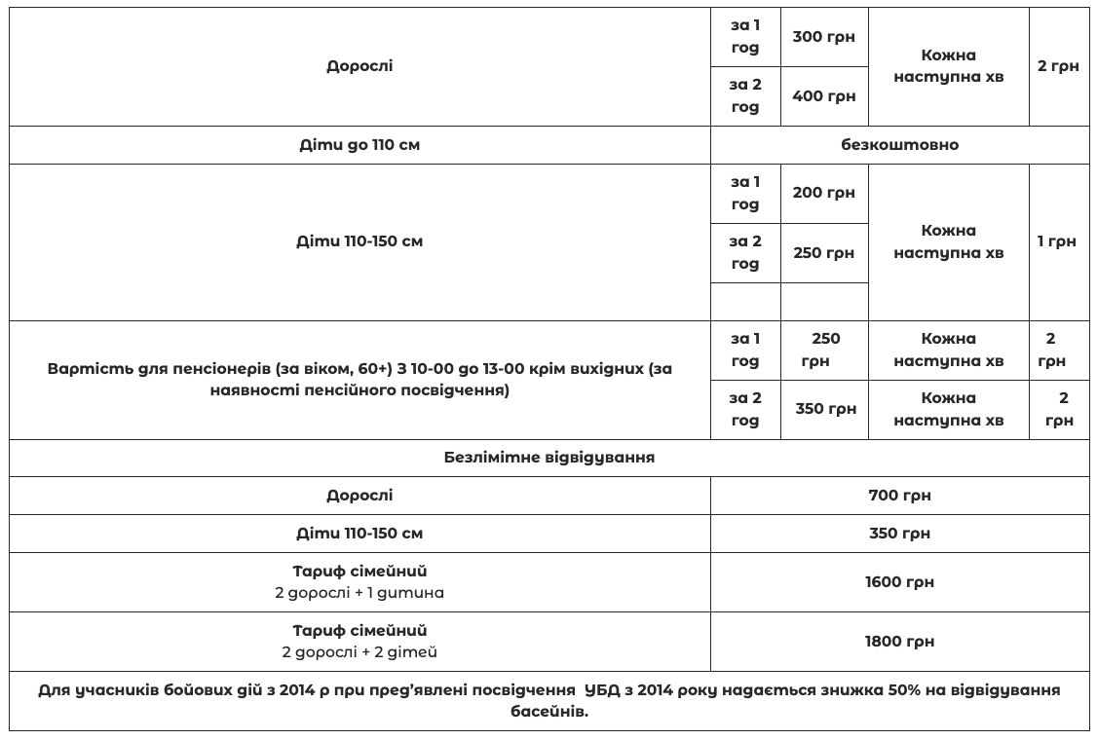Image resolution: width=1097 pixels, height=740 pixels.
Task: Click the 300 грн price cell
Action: tap(823, 37)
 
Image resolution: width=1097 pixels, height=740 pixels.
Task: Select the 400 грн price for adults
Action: tap(823, 95)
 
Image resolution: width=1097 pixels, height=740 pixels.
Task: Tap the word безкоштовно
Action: tap(899, 145)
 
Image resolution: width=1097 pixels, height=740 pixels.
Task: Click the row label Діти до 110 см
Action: tap(359, 145)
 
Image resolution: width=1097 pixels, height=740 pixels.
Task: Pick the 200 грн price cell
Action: tap(823, 193)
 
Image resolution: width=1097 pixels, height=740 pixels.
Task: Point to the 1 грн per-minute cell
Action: tap(1057, 241)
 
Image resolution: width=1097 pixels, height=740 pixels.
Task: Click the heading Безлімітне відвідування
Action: tap(548, 457)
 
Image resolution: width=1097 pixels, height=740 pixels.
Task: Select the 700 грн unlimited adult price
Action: tap(899, 496)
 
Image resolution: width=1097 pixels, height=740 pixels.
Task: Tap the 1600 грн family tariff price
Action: tap(899, 582)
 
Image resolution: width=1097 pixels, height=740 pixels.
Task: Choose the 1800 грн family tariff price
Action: tap(899, 642)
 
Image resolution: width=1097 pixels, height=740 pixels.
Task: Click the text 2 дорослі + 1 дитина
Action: tap(359, 592)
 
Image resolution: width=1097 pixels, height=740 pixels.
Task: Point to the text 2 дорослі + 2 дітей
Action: tap(359, 651)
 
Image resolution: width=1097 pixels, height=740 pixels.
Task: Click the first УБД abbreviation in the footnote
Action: tap(604, 690)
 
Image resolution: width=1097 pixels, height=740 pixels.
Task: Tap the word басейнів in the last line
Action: tap(548, 712)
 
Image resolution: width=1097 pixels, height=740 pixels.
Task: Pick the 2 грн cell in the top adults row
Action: tap(1057, 66)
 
